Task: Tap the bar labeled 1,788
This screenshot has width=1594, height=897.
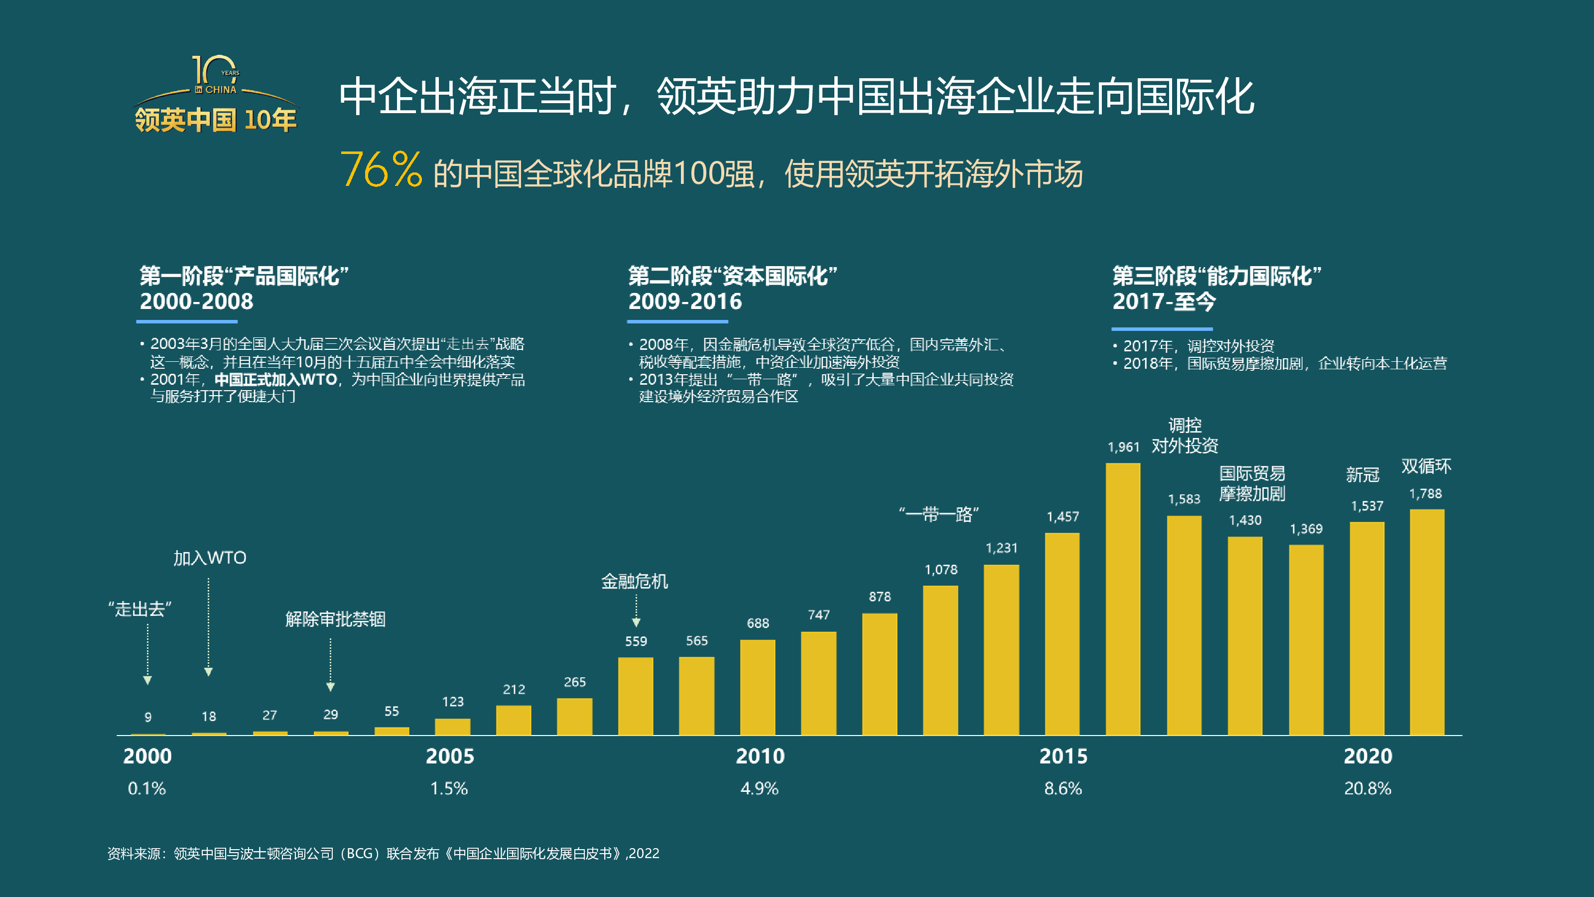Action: (x=1427, y=621)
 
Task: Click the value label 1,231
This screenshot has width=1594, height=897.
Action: (x=1001, y=548)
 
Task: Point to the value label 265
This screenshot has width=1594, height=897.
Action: (x=574, y=682)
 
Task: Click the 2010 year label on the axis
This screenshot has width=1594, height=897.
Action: (x=760, y=756)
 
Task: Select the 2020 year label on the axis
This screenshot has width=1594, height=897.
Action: (x=1367, y=756)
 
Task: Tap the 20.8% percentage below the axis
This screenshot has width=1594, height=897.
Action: (x=1367, y=789)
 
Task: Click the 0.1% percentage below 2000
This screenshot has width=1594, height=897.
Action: (x=146, y=789)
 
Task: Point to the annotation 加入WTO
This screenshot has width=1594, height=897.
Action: (x=209, y=558)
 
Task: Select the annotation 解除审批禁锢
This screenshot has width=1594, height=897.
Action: (x=335, y=619)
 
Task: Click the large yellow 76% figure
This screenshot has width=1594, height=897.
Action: (x=381, y=169)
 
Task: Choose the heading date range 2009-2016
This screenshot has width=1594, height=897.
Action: (x=685, y=301)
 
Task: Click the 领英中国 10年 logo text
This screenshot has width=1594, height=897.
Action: (x=215, y=120)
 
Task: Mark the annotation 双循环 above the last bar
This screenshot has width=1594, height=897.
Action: (x=1426, y=466)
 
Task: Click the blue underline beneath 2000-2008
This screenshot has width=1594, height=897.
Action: (x=187, y=321)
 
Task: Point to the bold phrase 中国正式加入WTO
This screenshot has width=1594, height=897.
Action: (x=275, y=379)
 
